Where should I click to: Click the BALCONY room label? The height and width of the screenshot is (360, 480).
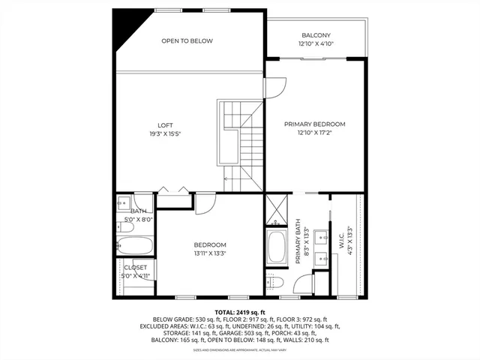pyautogui.click(x=316, y=35)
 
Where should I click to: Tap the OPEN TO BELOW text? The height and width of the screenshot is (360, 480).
pyautogui.click(x=187, y=40)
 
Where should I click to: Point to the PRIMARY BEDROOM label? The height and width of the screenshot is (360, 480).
pyautogui.click(x=314, y=124)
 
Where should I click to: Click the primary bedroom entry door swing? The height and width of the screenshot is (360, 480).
pyautogui.click(x=273, y=87)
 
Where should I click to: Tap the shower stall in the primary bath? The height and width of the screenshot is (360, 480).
pyautogui.click(x=275, y=210)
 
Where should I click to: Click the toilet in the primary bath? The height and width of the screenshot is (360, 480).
pyautogui.click(x=274, y=281)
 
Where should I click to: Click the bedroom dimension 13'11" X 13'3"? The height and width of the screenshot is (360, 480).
pyautogui.click(x=210, y=253)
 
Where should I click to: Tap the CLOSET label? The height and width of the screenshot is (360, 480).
pyautogui.click(x=136, y=267)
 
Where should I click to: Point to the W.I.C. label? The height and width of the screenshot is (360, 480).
pyautogui.click(x=341, y=241)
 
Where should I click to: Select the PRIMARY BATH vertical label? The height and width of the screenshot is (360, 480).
pyautogui.click(x=298, y=241)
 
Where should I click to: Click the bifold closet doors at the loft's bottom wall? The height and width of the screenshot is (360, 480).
pyautogui.click(x=172, y=193)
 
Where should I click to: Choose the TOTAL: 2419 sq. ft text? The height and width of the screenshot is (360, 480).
pyautogui.click(x=240, y=311)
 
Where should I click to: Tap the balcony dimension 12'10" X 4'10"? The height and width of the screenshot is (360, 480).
pyautogui.click(x=316, y=43)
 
